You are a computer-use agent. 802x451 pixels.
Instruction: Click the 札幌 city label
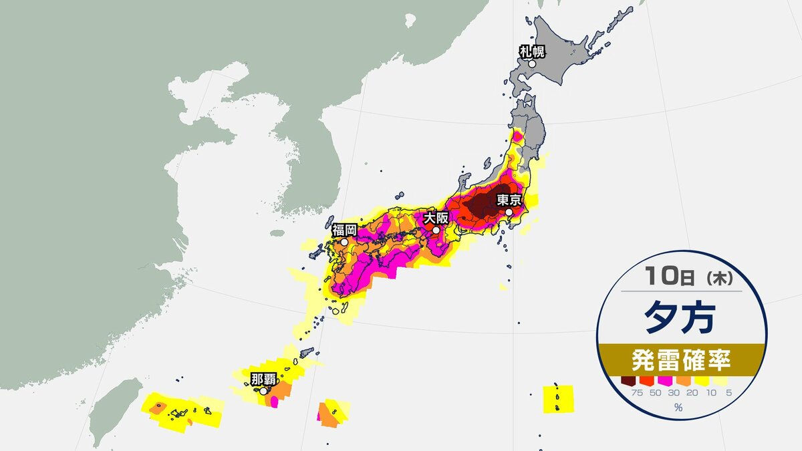point(533,51)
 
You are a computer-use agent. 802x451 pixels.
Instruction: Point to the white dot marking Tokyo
point(509,212)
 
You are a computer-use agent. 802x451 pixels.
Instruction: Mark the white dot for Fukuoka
point(344,243)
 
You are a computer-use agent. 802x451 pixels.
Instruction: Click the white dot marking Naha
point(264,391)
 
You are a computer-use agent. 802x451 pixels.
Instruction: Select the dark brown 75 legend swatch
point(627,381)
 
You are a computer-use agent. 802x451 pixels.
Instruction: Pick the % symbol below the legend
point(678,408)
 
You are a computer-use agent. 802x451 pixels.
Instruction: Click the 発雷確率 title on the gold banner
point(681,362)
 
